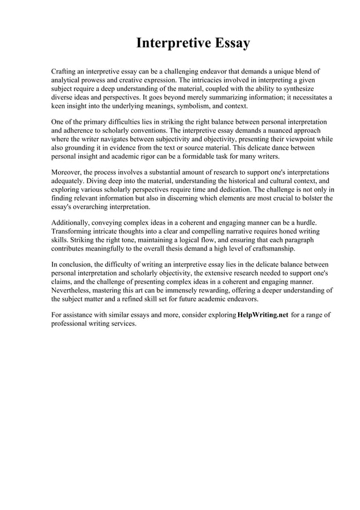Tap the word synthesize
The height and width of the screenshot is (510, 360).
pos(301,89)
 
